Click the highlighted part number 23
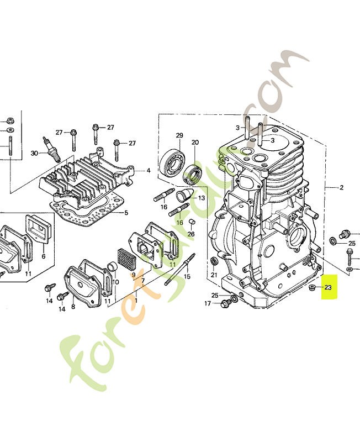(x=328, y=287)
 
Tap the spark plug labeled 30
(x=51, y=148)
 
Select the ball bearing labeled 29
(x=172, y=162)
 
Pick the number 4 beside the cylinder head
(x=148, y=171)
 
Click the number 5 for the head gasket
(x=126, y=213)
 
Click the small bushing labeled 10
(x=113, y=268)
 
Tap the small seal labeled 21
(x=214, y=261)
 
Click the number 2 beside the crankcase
(x=342, y=187)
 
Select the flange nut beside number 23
(x=312, y=288)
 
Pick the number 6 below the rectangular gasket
(x=44, y=256)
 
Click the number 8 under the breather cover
(x=73, y=307)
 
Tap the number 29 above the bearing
(x=179, y=135)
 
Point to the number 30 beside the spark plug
(x=34, y=154)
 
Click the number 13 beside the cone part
(x=202, y=198)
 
